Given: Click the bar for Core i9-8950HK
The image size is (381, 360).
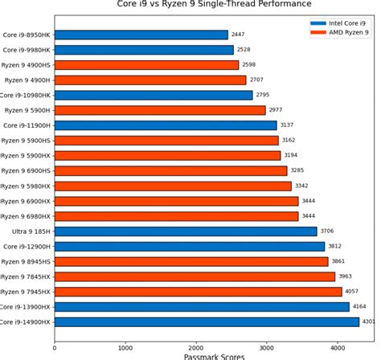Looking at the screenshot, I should (141, 35).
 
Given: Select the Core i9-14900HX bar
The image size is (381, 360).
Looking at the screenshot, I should (207, 321).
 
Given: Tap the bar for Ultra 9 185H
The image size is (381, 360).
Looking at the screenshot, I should (186, 231).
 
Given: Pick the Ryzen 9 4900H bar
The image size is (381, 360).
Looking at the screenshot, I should (150, 80).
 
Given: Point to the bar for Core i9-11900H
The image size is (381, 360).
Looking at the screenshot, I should (166, 125).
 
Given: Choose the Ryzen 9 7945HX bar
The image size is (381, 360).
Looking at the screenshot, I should (198, 291).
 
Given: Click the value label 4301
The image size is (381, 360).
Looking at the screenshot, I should (370, 321).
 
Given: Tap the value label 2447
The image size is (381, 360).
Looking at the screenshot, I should (239, 35).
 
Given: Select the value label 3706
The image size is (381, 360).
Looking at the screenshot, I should (328, 231).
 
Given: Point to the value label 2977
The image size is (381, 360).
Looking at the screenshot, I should (277, 110).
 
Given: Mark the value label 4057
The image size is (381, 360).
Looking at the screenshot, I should (353, 291).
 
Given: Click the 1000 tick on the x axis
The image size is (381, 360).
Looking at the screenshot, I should (125, 348).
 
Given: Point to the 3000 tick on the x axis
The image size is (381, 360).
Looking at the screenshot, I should (267, 348).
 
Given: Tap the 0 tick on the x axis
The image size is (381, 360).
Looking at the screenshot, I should (55, 348).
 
